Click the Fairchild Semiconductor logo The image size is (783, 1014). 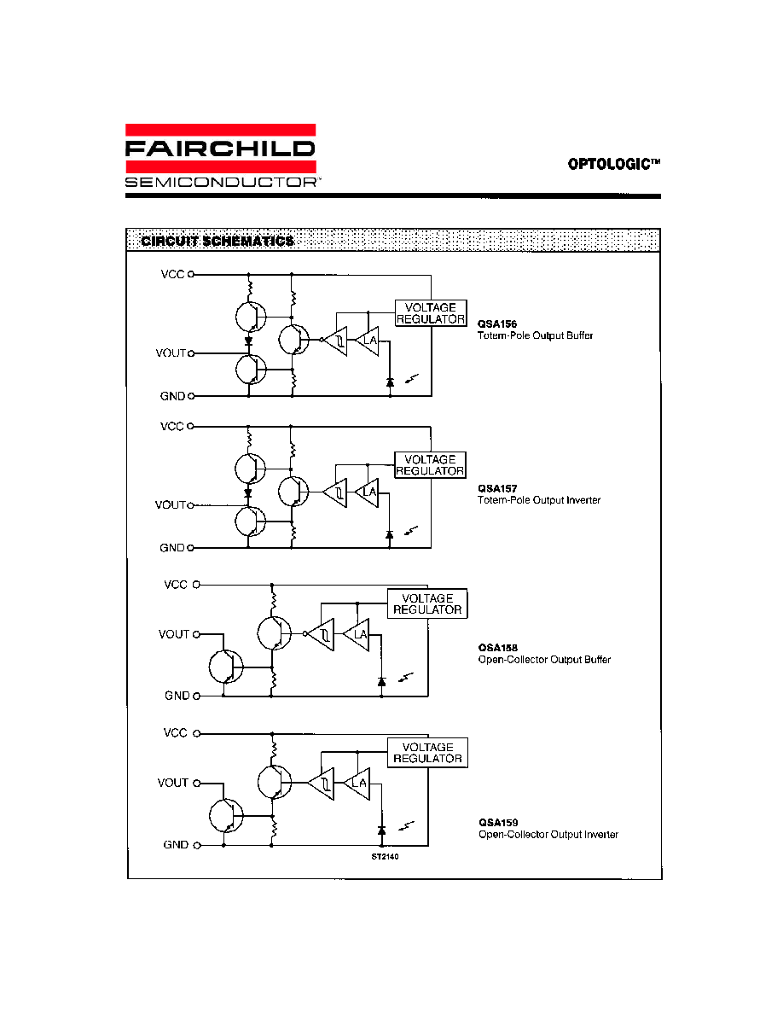[x=221, y=156]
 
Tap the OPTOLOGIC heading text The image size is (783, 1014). [x=614, y=164]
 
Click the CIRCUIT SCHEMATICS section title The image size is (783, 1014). [x=217, y=242]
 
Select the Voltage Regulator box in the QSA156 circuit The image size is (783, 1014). [x=431, y=313]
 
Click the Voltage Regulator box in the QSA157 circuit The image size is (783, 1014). [x=430, y=465]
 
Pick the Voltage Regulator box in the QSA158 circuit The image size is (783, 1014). [x=427, y=604]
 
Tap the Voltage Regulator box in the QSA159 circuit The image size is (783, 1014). [x=427, y=753]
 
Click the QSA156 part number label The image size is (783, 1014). [x=496, y=324]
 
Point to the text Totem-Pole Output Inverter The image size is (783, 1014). [x=539, y=500]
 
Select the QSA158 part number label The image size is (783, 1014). [x=497, y=647]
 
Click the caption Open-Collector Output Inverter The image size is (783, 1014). [x=548, y=834]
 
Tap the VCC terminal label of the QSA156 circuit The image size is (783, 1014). [x=172, y=274]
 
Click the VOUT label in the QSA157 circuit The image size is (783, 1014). [x=170, y=504]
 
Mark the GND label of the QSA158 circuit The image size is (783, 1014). [x=177, y=695]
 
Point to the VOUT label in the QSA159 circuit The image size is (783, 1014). [x=172, y=783]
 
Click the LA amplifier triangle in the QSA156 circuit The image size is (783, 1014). [x=367, y=341]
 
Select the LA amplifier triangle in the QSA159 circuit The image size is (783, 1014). [x=357, y=784]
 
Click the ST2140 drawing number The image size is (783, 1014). [x=385, y=856]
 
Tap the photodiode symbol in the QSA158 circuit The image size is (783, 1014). [x=382, y=682]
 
